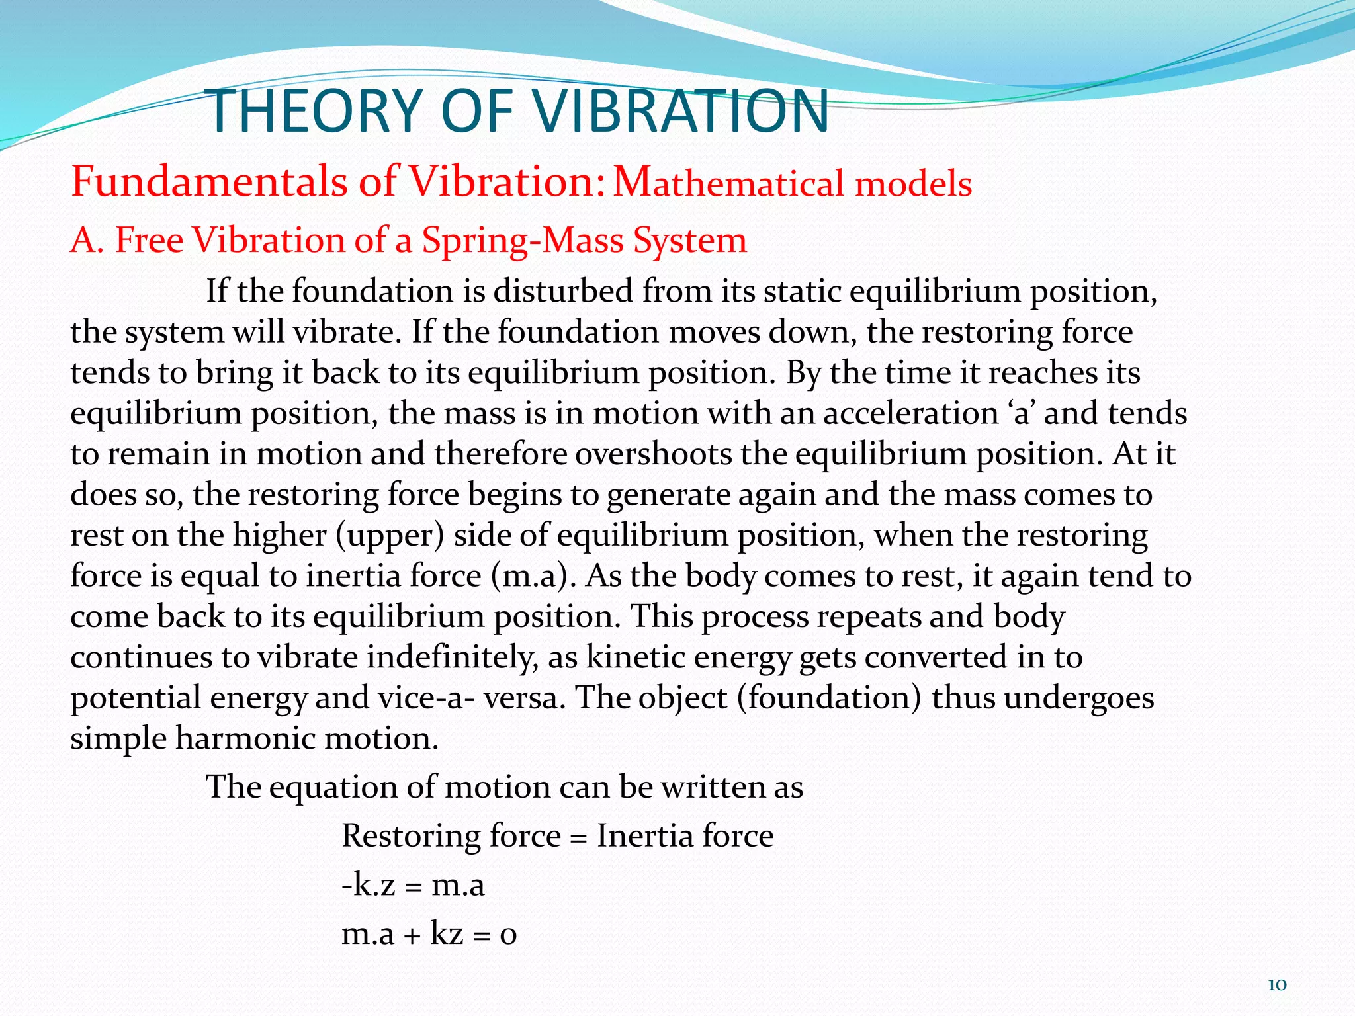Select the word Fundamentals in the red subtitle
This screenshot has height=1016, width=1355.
pos(208,181)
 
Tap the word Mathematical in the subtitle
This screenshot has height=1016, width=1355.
pos(728,183)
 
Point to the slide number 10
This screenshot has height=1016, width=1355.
pos(1276,985)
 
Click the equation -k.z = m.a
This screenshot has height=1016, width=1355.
pos(413,884)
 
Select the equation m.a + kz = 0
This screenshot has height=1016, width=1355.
pos(429,933)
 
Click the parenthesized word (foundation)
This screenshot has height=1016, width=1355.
pos(830,698)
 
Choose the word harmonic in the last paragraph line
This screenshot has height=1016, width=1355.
pos(245,738)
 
